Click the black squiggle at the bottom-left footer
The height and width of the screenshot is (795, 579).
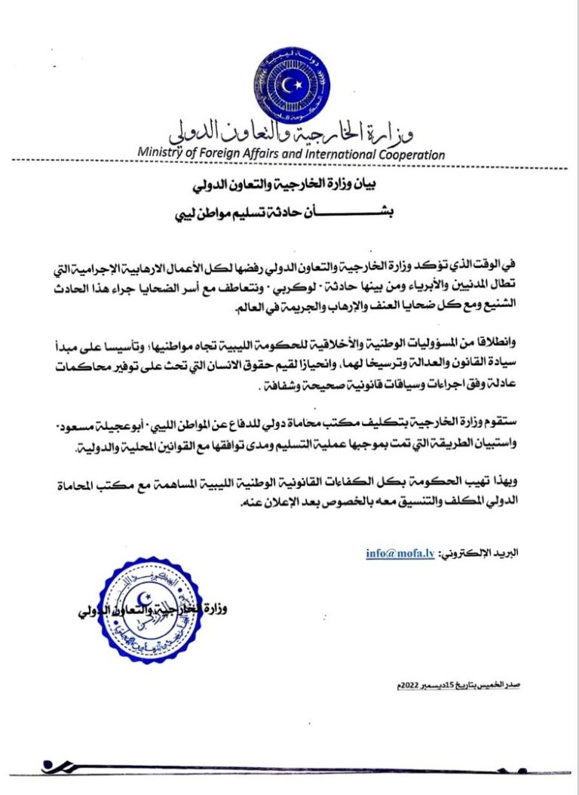tap(57, 766)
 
